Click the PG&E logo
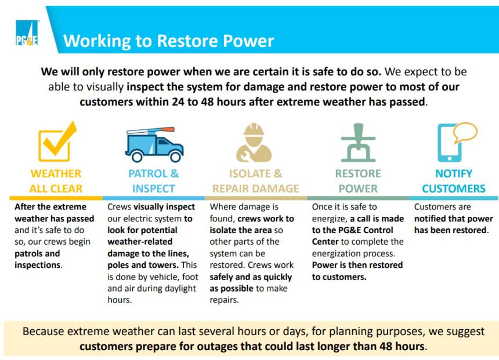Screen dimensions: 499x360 27,33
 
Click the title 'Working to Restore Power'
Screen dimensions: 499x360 168,41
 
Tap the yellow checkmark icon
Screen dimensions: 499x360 57,141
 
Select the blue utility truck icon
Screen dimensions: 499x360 154,144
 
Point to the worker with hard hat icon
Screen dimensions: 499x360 254,143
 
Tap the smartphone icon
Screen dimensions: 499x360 449,143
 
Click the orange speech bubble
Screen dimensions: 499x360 465,132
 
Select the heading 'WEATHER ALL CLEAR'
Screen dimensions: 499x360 56,181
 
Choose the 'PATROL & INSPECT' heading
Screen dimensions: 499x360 153,181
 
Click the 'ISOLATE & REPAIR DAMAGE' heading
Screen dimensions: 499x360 255,181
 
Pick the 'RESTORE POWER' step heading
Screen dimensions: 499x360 358,181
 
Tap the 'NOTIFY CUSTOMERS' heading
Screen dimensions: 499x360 454,181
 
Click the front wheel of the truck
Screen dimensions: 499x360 175,157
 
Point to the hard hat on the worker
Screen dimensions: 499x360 254,130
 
